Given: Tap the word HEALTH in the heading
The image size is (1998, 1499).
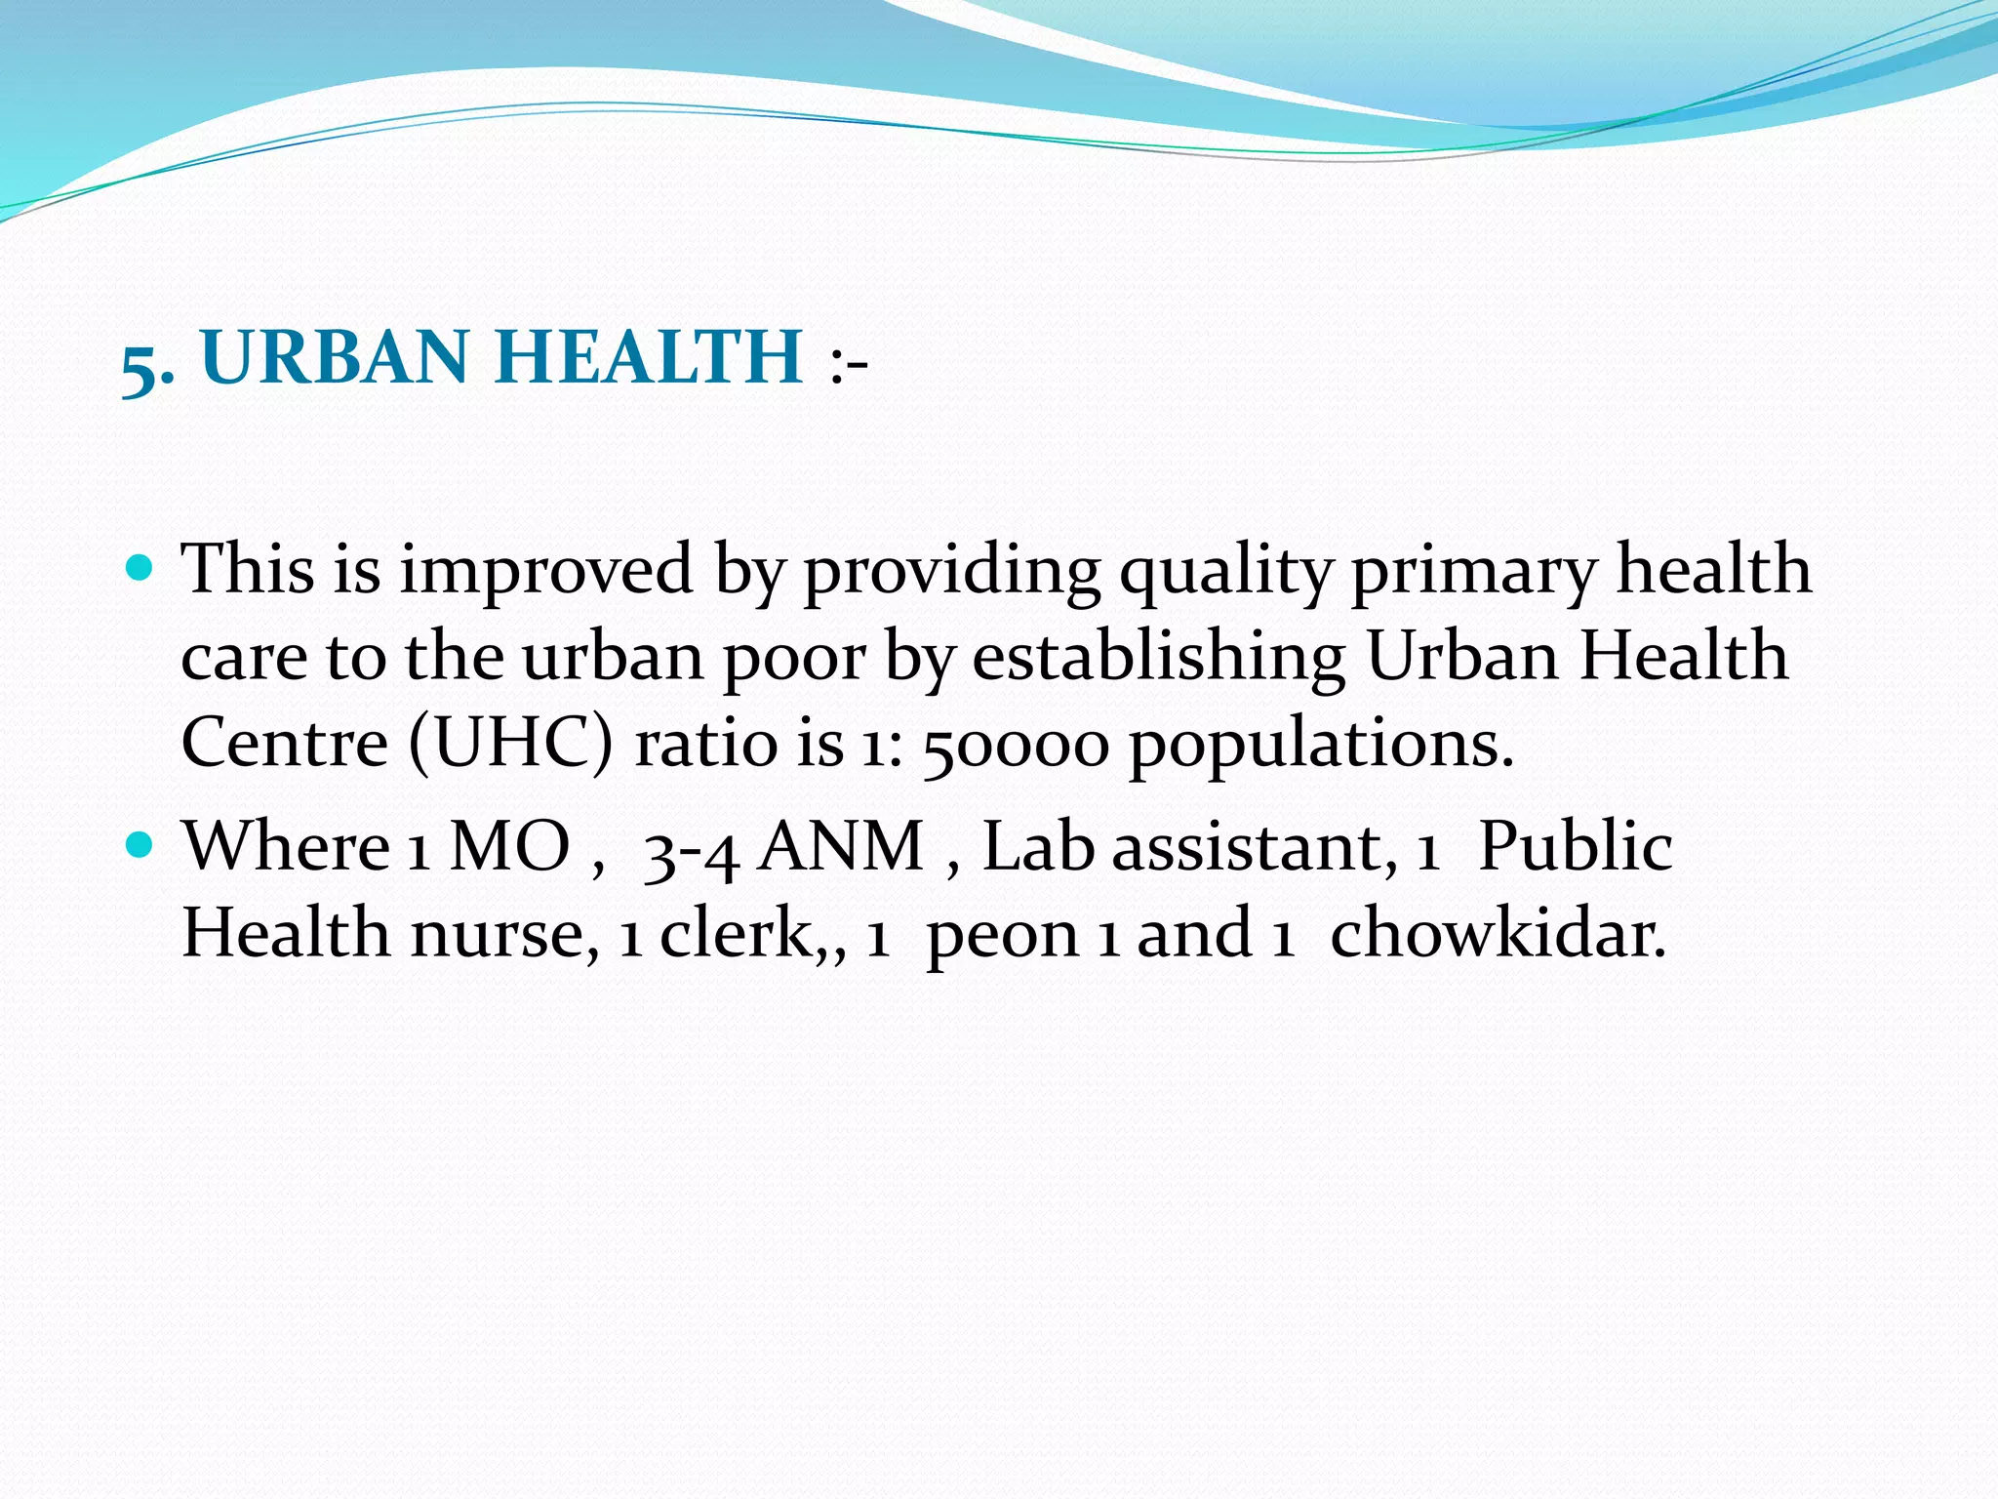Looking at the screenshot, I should [x=649, y=357].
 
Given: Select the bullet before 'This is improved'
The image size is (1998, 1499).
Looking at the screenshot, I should [x=140, y=567].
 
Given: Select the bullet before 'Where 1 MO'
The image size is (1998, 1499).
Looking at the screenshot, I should [x=140, y=844].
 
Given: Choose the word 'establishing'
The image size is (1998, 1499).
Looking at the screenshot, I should [x=1159, y=659].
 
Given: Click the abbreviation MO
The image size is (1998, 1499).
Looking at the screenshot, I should [x=509, y=846].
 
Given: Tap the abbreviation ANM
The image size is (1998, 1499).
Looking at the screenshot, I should [x=842, y=846].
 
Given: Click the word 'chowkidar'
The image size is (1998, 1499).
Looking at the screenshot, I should [x=1498, y=934].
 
